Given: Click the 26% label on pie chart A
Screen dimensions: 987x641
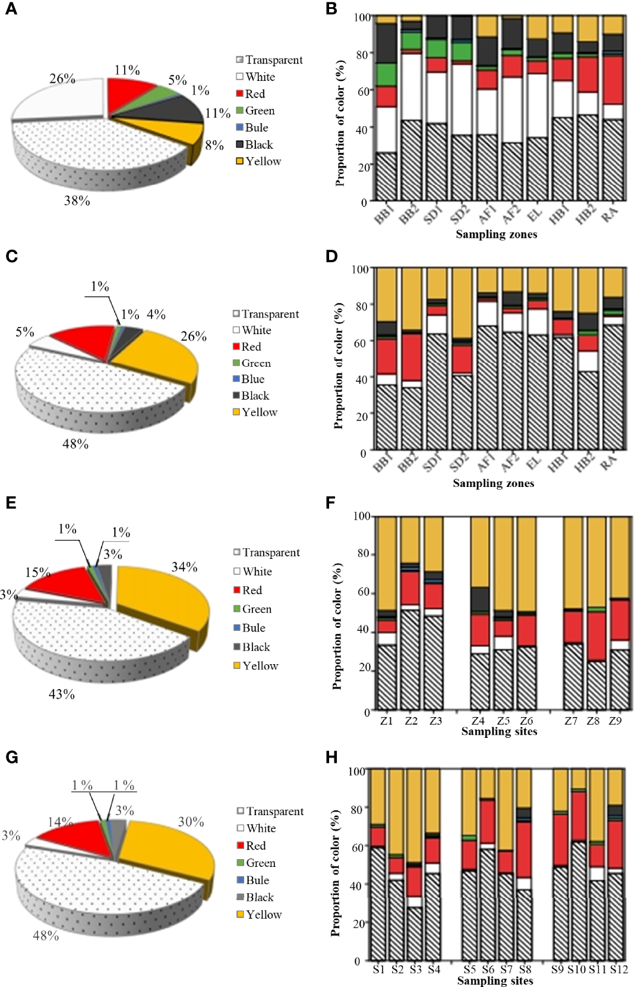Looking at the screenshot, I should tap(62, 78).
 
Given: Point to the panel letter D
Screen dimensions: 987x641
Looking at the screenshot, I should tap(331, 256).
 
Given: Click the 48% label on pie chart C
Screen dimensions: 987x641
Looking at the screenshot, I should tap(75, 444).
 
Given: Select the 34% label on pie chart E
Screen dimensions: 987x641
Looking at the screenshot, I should tap(184, 567).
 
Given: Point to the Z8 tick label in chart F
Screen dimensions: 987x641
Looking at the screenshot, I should tap(593, 721).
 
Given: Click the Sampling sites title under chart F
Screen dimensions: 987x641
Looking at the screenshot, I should tap(499, 731).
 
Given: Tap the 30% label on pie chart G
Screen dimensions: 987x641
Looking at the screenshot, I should tap(191, 822).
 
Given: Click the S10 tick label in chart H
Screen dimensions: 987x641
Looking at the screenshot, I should tap(576, 969).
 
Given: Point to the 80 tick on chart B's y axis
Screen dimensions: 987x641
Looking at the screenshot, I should tap(361, 54).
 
